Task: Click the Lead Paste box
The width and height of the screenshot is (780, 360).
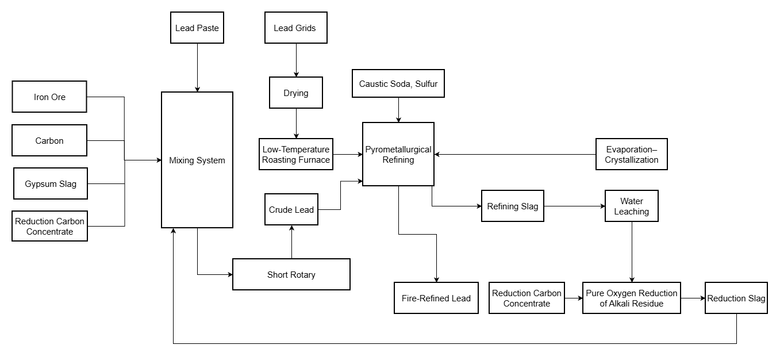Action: [x=197, y=28]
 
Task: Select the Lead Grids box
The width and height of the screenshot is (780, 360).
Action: [x=296, y=28]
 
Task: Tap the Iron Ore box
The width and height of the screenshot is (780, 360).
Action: [x=49, y=97]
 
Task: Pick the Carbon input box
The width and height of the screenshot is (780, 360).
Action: [x=49, y=140]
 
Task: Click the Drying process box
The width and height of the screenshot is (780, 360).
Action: [x=296, y=93]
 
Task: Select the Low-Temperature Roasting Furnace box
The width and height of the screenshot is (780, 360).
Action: [x=296, y=154]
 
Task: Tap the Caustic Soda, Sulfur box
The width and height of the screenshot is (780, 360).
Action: [x=398, y=84]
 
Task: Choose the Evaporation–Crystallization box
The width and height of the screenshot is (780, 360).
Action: [x=631, y=154]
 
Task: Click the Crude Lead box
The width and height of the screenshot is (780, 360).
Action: [x=291, y=210]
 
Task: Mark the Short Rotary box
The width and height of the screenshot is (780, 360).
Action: [x=291, y=274]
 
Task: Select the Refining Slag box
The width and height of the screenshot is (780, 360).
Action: [x=513, y=206]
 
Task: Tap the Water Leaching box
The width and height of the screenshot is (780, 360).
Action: [x=632, y=206]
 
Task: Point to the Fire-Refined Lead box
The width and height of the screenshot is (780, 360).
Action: [x=436, y=298]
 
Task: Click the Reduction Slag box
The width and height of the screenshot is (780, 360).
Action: [x=736, y=298]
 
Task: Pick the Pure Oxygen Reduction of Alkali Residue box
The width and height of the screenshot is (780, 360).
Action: [x=632, y=298]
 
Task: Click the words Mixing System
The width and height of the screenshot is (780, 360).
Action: [x=197, y=160]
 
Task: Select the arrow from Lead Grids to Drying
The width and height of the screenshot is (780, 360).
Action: [x=296, y=60]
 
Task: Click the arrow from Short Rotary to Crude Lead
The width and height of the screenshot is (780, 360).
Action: [x=291, y=242]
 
